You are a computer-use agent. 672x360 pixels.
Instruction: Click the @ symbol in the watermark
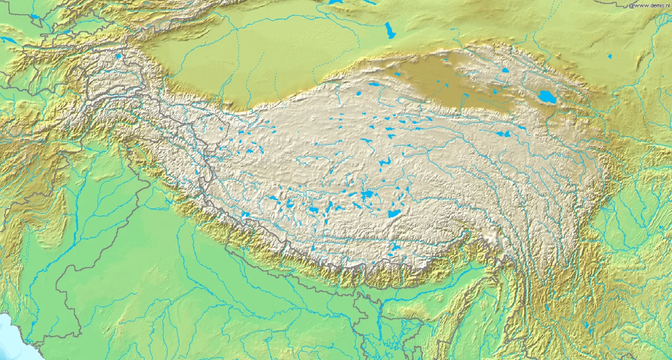tap(631, 5)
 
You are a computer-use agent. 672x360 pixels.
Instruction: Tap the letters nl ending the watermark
tap(666, 5)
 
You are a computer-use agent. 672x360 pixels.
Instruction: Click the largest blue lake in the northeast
tap(547, 97)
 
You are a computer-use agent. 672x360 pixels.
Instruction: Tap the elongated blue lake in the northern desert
tap(390, 30)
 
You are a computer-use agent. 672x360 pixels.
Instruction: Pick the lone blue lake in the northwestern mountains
tap(119, 56)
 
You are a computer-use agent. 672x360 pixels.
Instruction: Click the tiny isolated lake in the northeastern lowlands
tap(610, 56)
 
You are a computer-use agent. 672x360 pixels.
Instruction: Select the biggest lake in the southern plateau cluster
tap(394, 214)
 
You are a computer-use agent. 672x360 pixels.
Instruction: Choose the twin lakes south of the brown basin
tap(502, 134)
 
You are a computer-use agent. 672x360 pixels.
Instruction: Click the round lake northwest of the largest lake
tap(505, 70)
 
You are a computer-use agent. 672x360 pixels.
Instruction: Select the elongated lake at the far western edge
tap(7, 40)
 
